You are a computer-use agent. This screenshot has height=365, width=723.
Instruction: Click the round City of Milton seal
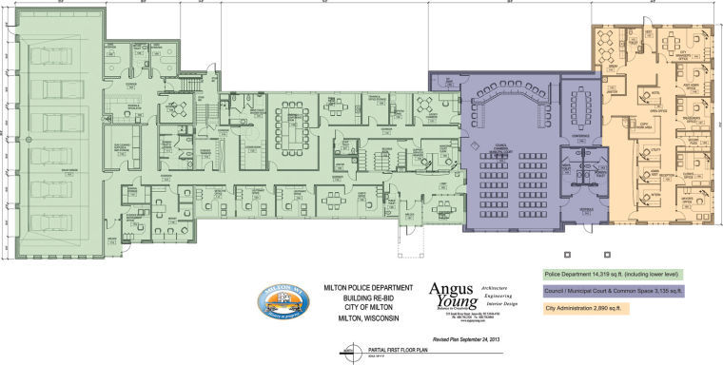(x=285, y=306)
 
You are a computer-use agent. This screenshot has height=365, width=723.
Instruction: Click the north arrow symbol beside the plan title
(x=343, y=353)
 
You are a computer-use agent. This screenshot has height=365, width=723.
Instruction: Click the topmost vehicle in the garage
(x=60, y=49)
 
